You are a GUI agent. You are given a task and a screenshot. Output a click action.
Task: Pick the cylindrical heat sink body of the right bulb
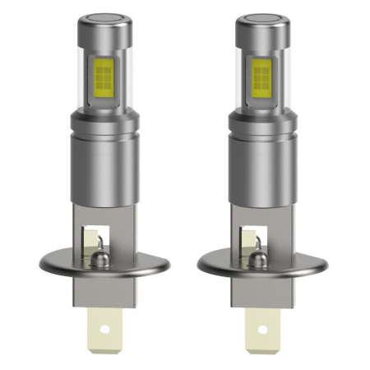(262, 169)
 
